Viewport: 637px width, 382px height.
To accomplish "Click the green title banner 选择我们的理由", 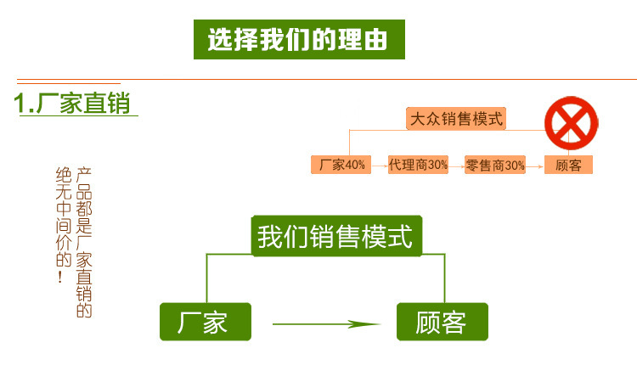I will click(298, 40).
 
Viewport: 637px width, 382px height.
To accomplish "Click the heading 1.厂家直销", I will click(73, 104).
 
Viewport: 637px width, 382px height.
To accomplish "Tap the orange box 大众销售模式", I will click(455, 119).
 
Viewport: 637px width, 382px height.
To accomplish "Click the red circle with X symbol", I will click(572, 122).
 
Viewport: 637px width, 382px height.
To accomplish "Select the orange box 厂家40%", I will click(341, 166).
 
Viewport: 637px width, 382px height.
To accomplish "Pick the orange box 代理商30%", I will click(417, 166).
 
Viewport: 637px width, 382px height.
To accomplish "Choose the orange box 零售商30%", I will click(495, 166).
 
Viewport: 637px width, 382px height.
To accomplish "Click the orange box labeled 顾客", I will click(568, 166).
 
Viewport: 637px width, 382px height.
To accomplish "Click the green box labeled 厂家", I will click(206, 322).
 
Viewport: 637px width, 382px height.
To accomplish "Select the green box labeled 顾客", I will click(442, 322).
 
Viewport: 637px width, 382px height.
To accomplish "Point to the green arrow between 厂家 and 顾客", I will click(325, 323).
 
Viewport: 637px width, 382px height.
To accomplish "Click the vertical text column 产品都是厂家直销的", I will click(84, 242).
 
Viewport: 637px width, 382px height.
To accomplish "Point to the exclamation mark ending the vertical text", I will click(61, 277).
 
